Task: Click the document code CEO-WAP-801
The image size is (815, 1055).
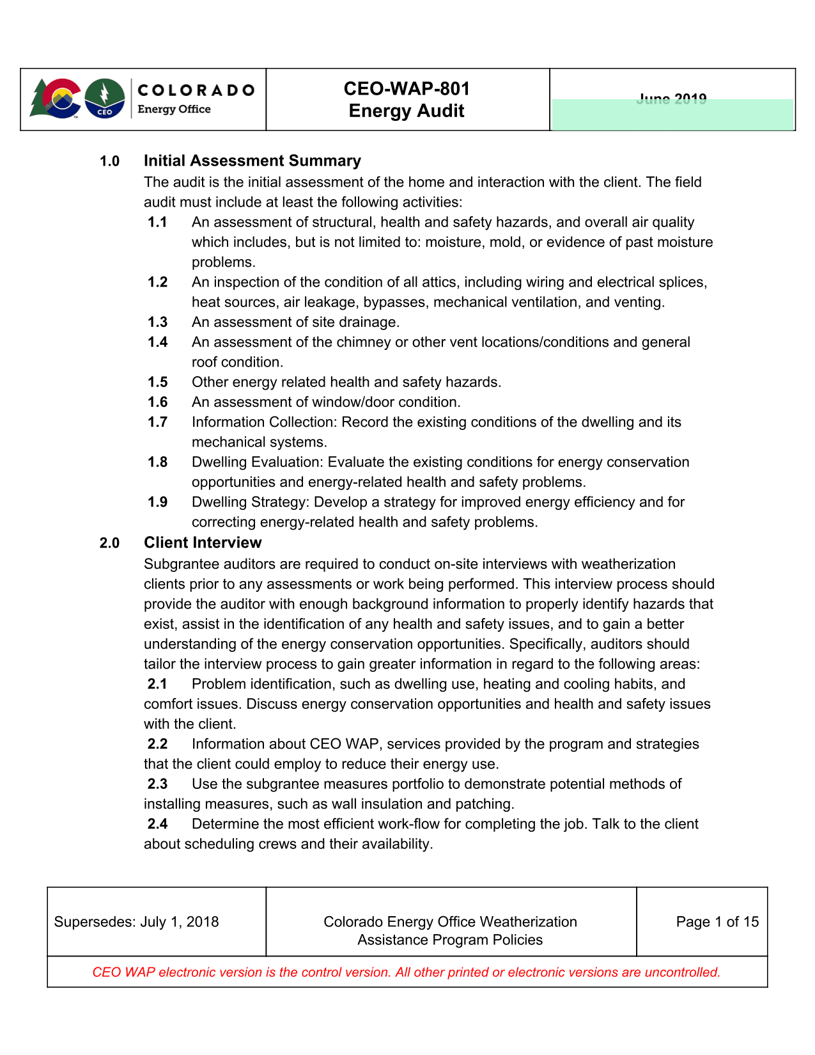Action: (x=407, y=88)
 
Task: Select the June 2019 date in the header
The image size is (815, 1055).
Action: (x=671, y=99)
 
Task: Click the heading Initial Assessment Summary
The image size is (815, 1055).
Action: (x=252, y=161)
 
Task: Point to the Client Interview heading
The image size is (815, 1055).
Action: (x=203, y=543)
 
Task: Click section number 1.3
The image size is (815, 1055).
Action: (x=157, y=322)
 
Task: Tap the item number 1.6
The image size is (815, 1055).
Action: (x=157, y=402)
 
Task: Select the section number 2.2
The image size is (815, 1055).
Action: (x=157, y=743)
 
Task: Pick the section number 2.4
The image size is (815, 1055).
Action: (x=157, y=823)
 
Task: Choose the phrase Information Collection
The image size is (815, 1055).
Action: (x=264, y=422)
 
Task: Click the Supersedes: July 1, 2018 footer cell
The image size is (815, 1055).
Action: (x=136, y=921)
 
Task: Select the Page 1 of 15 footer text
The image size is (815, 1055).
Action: (x=717, y=921)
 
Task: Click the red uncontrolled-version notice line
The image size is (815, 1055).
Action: (x=407, y=972)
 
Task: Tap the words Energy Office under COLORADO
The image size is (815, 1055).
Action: (x=174, y=109)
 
